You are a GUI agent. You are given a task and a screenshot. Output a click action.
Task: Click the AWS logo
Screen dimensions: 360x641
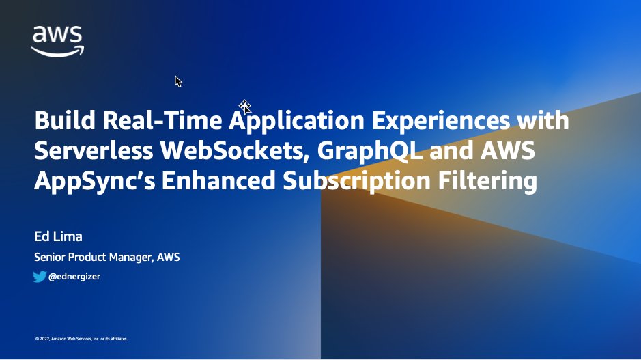57,40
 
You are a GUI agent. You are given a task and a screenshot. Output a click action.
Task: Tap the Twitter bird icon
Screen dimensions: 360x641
40,277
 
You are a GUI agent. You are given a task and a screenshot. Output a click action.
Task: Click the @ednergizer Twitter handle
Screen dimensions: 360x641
74,277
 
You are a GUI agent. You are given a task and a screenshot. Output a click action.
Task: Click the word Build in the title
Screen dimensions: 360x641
64,122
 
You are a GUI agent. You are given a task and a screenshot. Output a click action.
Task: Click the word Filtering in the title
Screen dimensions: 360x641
491,182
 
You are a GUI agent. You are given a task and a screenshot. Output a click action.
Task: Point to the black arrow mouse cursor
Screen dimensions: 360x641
178,81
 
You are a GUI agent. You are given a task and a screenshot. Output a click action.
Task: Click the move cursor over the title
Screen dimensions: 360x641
245,106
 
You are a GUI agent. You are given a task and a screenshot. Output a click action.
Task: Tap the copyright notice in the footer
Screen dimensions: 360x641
81,338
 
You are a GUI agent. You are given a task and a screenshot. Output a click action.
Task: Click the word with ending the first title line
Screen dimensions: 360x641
543,122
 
